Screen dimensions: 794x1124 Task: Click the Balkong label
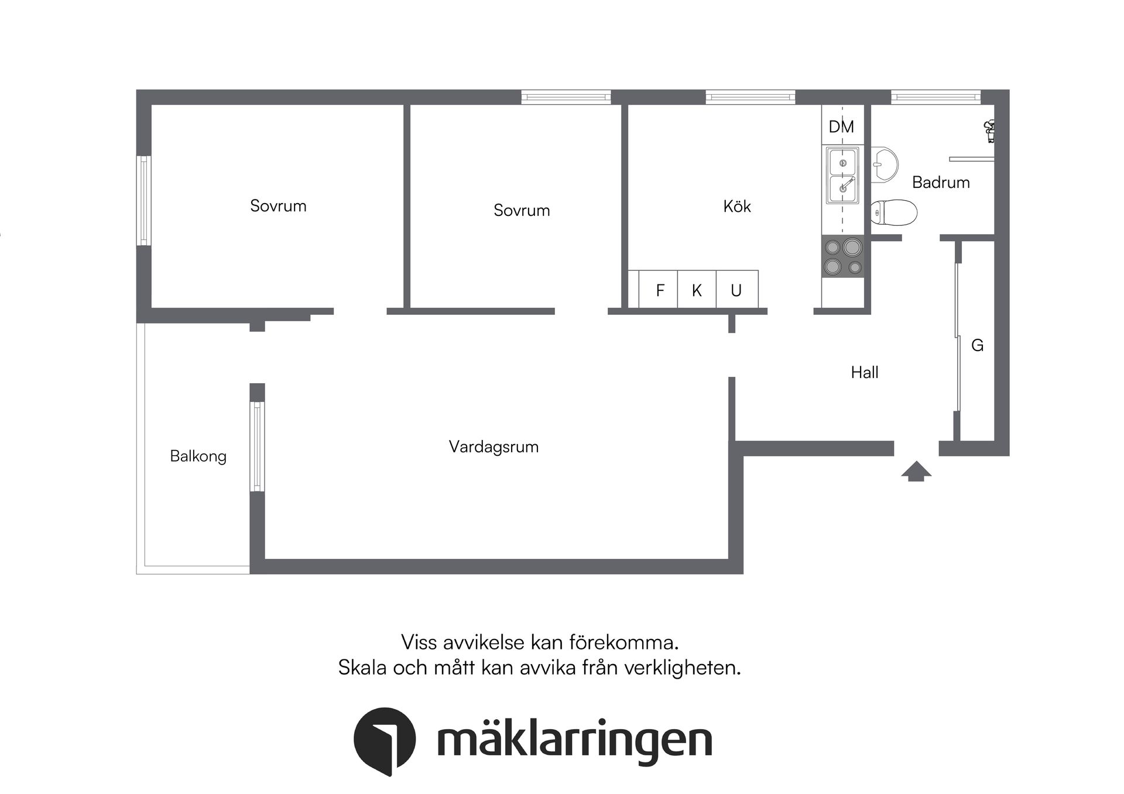pos(198,456)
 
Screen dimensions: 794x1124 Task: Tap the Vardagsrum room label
pos(494,446)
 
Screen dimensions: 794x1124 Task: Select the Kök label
pos(736,206)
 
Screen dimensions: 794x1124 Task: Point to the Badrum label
pos(941,183)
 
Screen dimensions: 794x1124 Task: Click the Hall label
pos(864,372)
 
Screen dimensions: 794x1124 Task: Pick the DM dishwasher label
pos(841,126)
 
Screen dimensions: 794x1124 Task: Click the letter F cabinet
pos(660,290)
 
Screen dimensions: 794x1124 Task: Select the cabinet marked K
pos(697,290)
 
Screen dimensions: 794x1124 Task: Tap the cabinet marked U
pos(736,290)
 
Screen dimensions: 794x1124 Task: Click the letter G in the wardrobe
pos(977,345)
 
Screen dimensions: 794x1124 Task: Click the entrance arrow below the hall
pos(916,471)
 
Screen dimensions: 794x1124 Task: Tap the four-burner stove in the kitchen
pos(843,256)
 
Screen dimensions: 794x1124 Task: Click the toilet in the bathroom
pos(893,212)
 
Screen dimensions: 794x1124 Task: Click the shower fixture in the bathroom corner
pos(989,130)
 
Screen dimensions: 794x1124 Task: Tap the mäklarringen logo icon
pos(385,740)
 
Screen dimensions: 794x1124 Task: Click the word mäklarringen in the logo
pos(574,741)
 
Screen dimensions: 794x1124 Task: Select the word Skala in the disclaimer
pos(362,668)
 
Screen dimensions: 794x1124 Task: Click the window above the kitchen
pos(750,97)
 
